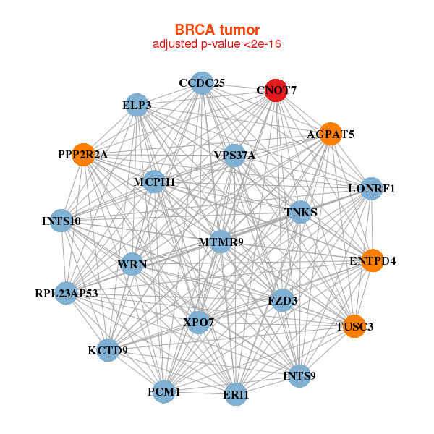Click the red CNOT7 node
coord(276,90)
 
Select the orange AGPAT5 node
coord(330,134)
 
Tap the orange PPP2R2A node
coord(83,155)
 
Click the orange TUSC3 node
coord(354,326)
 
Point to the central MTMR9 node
coord(221,242)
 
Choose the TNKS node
coord(301,213)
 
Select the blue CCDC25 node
coord(202,83)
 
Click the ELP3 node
coord(137,106)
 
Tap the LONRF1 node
coord(371,189)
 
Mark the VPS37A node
coord(234,155)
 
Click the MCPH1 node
coord(154,182)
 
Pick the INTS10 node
coord(61,221)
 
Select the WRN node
coord(132,264)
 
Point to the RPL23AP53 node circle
coord(66,293)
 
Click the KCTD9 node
coord(108,350)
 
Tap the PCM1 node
coord(164,391)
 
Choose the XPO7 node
coord(198,321)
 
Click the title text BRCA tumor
coord(217,30)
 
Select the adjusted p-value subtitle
coord(217,45)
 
